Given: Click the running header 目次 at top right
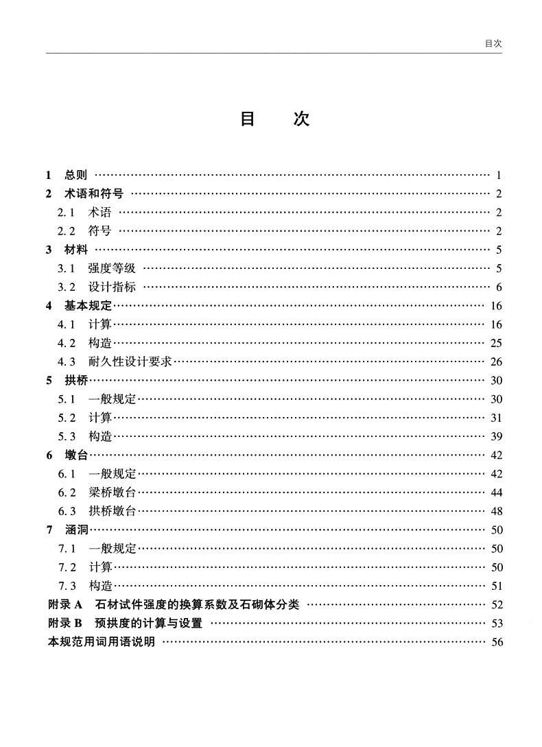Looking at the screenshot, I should pos(493,43).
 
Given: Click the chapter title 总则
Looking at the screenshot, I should pos(75,175).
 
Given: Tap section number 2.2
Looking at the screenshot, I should pos(66,230).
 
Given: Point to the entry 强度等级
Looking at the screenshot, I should pos(112,268).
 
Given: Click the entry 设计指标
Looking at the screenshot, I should pos(112,287).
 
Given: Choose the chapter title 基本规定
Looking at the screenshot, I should pos(89,306).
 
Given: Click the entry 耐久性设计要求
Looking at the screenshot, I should pos(130,361).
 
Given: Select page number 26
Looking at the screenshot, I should pos(497,362).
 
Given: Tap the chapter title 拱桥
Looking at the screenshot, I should pos(76,381).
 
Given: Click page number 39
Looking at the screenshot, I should pos(497,437).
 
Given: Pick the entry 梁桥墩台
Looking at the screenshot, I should pos(112,493).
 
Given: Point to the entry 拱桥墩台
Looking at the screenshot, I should pos(112,511).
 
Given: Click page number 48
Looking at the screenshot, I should pos(497,512).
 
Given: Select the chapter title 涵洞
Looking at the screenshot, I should pos(76,530).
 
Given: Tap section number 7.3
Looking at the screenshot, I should pos(67,586).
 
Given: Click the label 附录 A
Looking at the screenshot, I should pos(65,604).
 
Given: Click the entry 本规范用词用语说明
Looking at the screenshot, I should pos(101,642).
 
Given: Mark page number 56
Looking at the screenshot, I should pos(497,642).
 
